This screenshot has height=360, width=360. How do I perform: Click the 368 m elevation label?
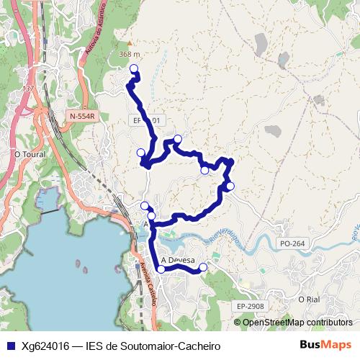pyautogui.click(x=129, y=54)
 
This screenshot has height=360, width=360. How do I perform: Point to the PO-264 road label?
pyautogui.click(x=292, y=244)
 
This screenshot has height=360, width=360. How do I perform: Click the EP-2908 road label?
pyautogui.click(x=250, y=307)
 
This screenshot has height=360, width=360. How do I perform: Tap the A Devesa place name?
pyautogui.click(x=178, y=260)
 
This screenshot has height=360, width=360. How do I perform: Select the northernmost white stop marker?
pyautogui.click(x=133, y=68)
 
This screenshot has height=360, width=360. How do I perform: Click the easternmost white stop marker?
pyautogui.click(x=230, y=186)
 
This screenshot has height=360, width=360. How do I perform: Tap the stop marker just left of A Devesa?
pyautogui.click(x=161, y=269)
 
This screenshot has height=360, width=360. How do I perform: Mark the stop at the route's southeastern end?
pyautogui.click(x=203, y=267)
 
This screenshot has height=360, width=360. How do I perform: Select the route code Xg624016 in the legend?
pyautogui.click(x=45, y=346)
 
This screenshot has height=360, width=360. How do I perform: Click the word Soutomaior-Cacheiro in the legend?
pyautogui.click(x=169, y=346)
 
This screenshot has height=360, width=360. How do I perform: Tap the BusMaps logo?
pyautogui.click(x=321, y=345)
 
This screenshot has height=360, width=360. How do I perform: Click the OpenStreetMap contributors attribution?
pyautogui.click(x=297, y=322)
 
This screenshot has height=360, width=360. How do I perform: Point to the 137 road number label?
pyautogui.click(x=28, y=89)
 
